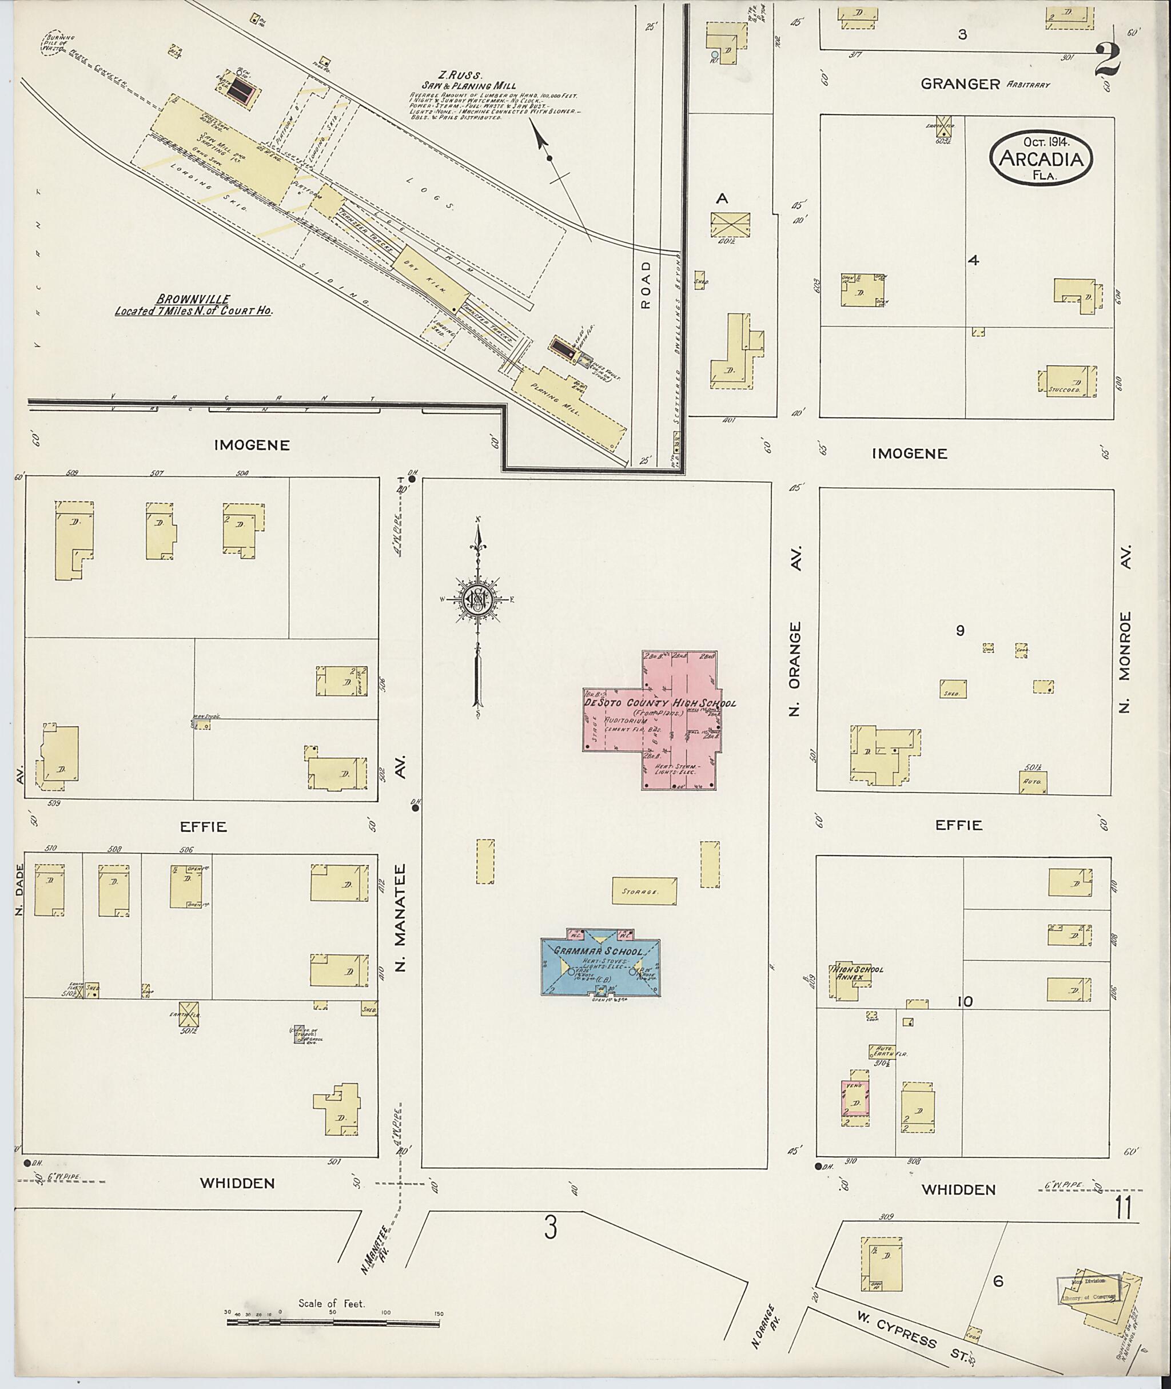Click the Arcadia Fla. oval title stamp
(x=1040, y=158)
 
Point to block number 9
(x=959, y=631)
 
